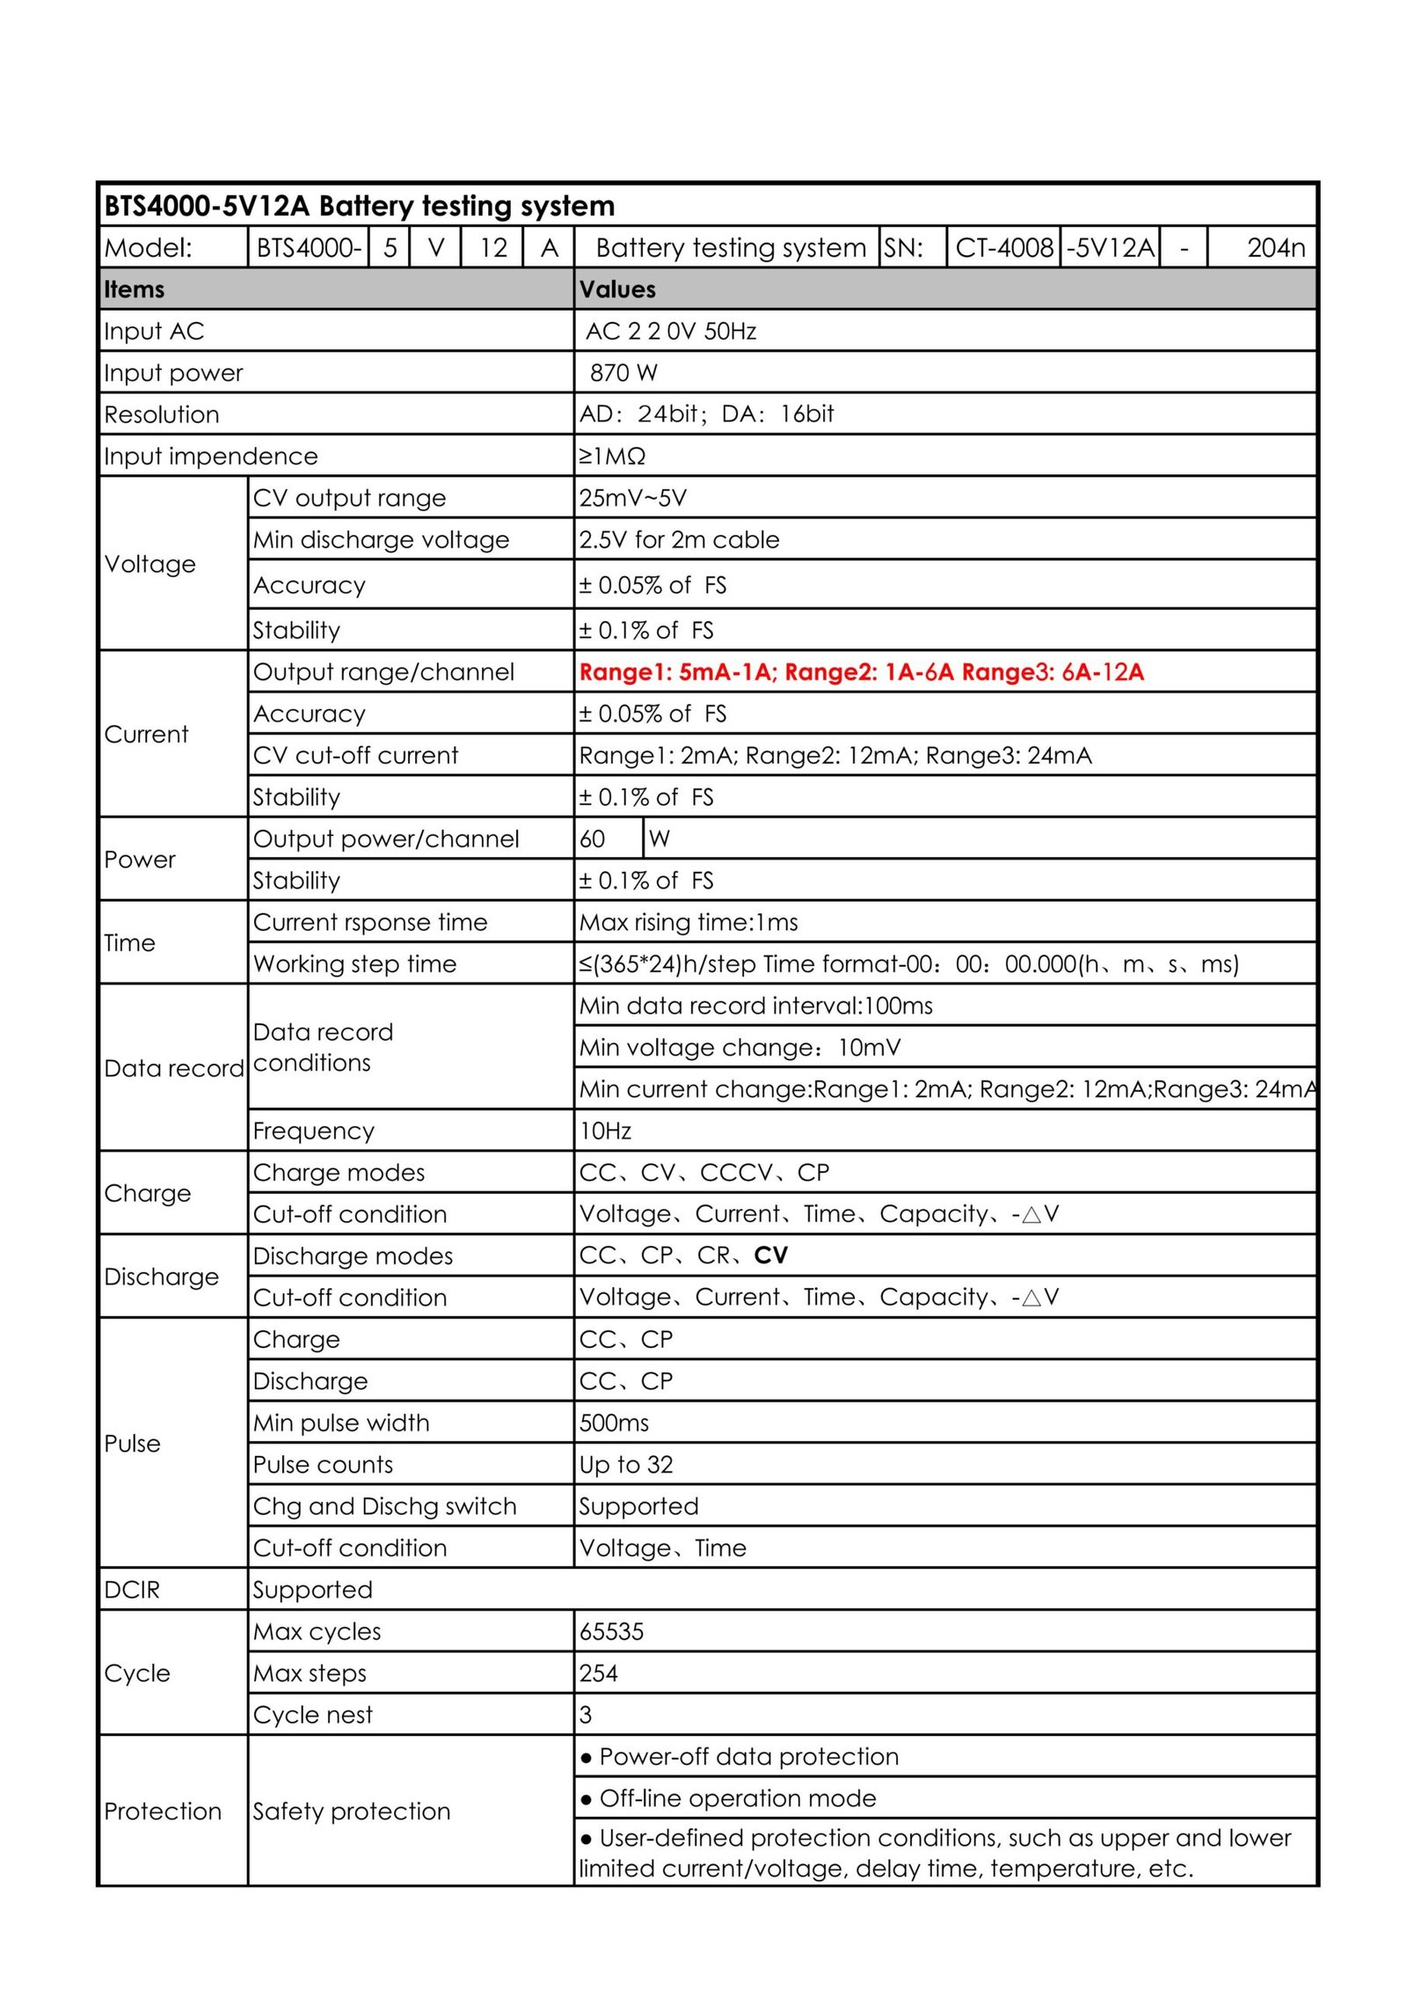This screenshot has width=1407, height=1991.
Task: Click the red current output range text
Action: [861, 672]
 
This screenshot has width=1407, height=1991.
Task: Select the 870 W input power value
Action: [623, 373]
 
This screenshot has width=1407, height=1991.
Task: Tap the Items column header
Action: [135, 289]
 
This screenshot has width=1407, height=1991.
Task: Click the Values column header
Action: [617, 289]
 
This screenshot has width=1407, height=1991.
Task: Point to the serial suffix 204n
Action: [1275, 248]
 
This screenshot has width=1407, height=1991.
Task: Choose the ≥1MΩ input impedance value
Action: [612, 457]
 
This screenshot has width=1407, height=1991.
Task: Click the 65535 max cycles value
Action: [611, 1631]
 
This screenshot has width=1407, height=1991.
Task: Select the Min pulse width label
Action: [341, 1423]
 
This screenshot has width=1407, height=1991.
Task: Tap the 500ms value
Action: [614, 1423]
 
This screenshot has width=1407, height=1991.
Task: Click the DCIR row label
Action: [132, 1590]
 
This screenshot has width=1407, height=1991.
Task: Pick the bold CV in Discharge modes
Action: [770, 1255]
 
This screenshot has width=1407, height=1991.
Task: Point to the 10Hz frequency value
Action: [605, 1131]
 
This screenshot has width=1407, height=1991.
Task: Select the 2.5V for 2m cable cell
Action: [679, 539]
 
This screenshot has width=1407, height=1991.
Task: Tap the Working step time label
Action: [354, 964]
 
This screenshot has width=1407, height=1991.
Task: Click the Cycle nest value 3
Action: [586, 1715]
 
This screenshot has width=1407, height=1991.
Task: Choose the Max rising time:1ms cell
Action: [689, 922]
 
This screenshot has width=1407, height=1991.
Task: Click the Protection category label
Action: [163, 1811]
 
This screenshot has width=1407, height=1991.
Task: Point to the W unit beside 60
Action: [660, 838]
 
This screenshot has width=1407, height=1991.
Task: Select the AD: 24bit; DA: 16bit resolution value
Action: [706, 414]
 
